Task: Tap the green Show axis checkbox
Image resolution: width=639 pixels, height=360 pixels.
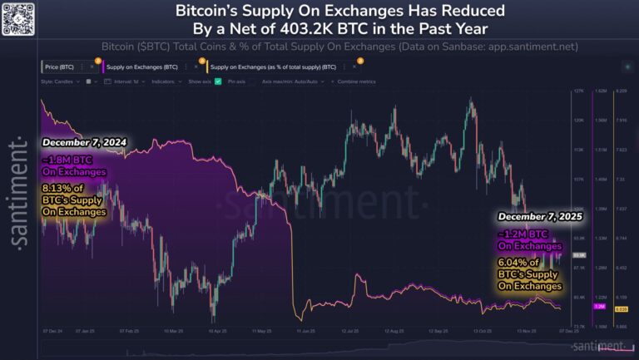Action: [218, 81]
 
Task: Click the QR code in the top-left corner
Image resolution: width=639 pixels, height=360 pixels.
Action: [18, 17]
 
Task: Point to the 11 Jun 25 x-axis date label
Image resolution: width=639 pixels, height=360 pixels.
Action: [305, 330]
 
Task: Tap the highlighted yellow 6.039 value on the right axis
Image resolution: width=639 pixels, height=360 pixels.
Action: [620, 308]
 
